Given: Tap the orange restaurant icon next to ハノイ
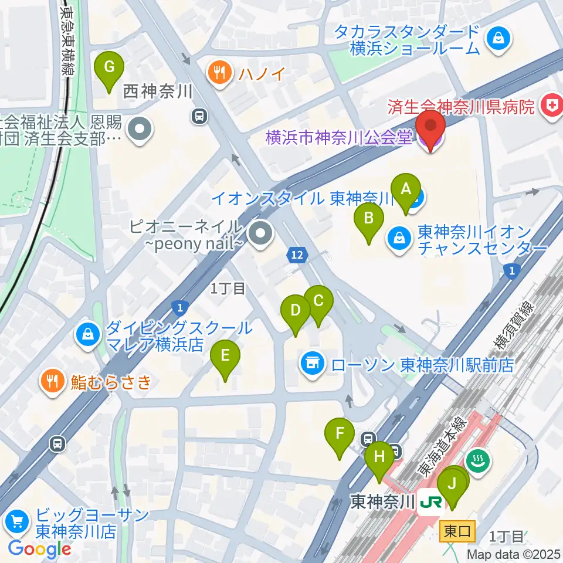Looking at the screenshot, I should coord(220,73).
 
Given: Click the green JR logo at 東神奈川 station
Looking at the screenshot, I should coord(432,502).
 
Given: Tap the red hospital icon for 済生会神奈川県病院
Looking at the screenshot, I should coord(551,106).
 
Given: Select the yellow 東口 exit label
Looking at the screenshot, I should coord(456,532).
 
